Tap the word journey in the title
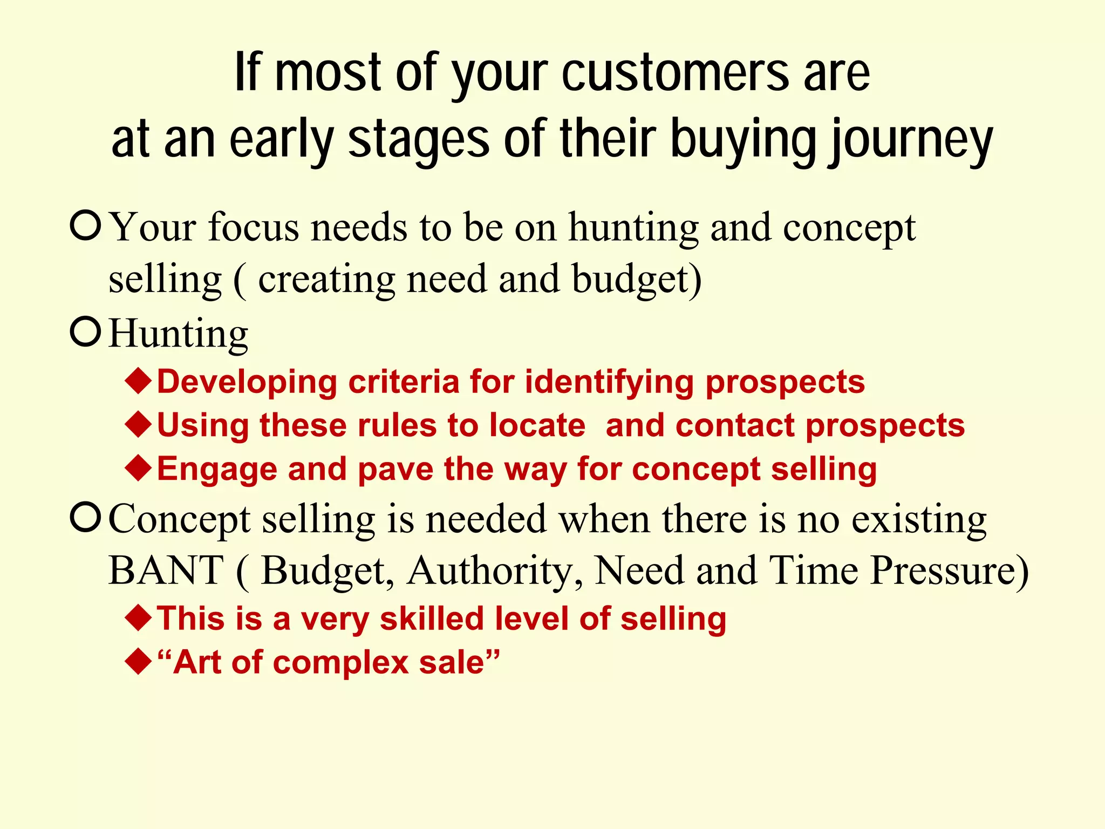click(911, 140)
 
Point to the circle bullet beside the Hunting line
click(86, 332)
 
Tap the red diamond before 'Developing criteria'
click(138, 381)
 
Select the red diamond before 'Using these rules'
click(138, 425)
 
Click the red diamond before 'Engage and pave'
click(138, 468)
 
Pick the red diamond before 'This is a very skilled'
click(138, 618)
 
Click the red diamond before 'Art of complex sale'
click(138, 662)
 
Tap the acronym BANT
click(166, 570)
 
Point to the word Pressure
click(950, 570)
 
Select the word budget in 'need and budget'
click(636, 280)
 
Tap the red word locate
click(537, 425)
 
